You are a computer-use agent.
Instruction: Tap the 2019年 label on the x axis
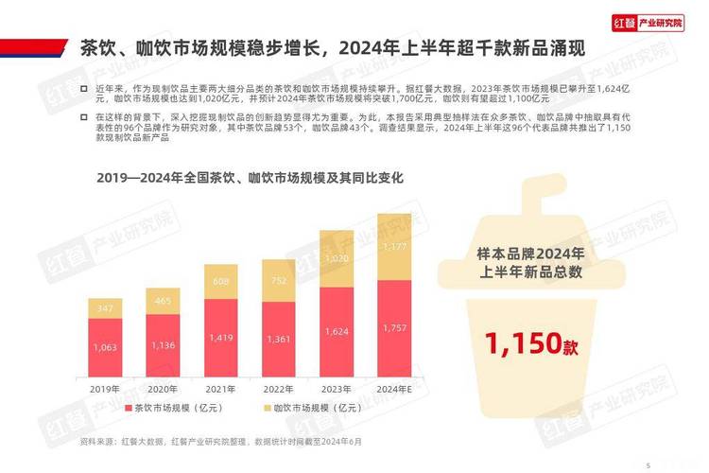(105, 389)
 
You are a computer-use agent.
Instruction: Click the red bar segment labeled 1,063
(105, 347)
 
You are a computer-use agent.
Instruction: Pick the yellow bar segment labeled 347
(105, 308)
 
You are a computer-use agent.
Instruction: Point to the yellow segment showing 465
(163, 301)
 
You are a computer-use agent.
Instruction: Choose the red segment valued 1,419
(220, 338)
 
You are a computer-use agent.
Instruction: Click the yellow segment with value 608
(220, 281)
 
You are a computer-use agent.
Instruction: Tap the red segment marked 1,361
(278, 340)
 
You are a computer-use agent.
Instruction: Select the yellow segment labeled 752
(278, 280)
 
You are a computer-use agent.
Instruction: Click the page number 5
(648, 464)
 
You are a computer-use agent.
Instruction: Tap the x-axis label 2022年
(278, 389)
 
